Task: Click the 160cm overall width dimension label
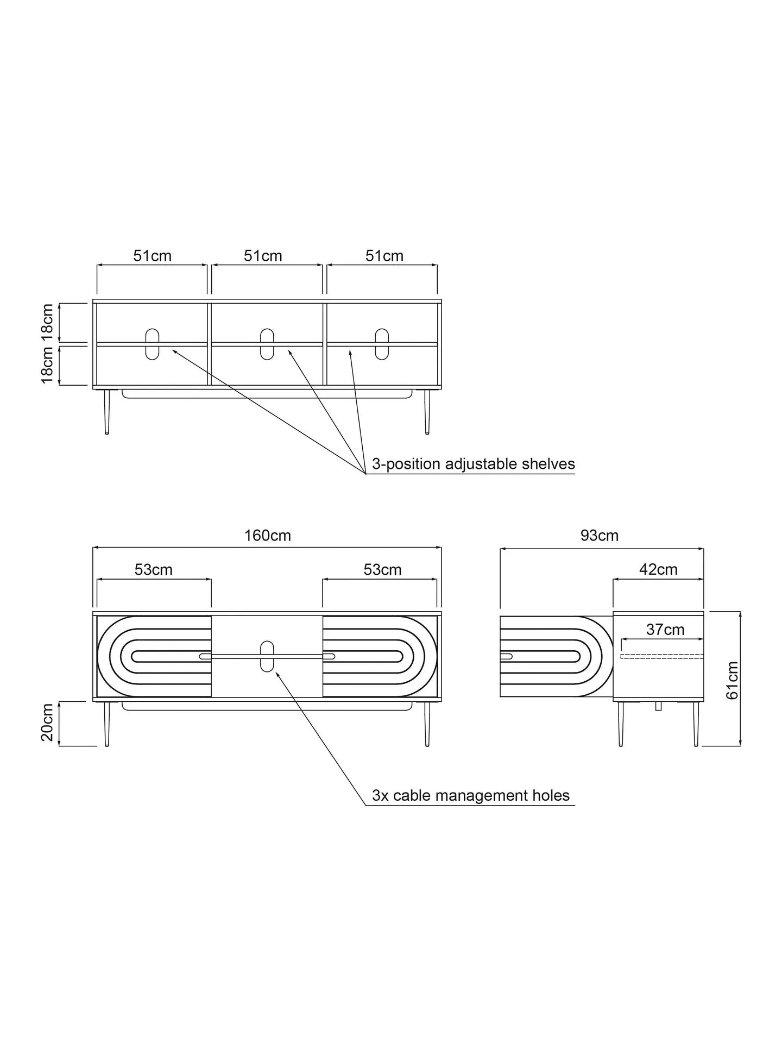267,536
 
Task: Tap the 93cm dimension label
600,536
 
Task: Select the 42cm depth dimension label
658,569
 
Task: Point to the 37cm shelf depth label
665,630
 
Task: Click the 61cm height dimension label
732,680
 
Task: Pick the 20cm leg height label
48,722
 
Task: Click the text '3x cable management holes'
470,796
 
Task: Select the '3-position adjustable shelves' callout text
473,464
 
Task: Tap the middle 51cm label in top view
263,256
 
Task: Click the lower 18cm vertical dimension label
48,366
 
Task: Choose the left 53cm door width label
154,569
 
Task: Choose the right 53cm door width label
382,569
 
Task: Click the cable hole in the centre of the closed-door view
267,656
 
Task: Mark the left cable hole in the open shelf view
153,344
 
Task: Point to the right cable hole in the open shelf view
382,344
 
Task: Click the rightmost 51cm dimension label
384,256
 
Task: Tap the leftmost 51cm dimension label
153,256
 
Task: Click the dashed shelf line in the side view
662,656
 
